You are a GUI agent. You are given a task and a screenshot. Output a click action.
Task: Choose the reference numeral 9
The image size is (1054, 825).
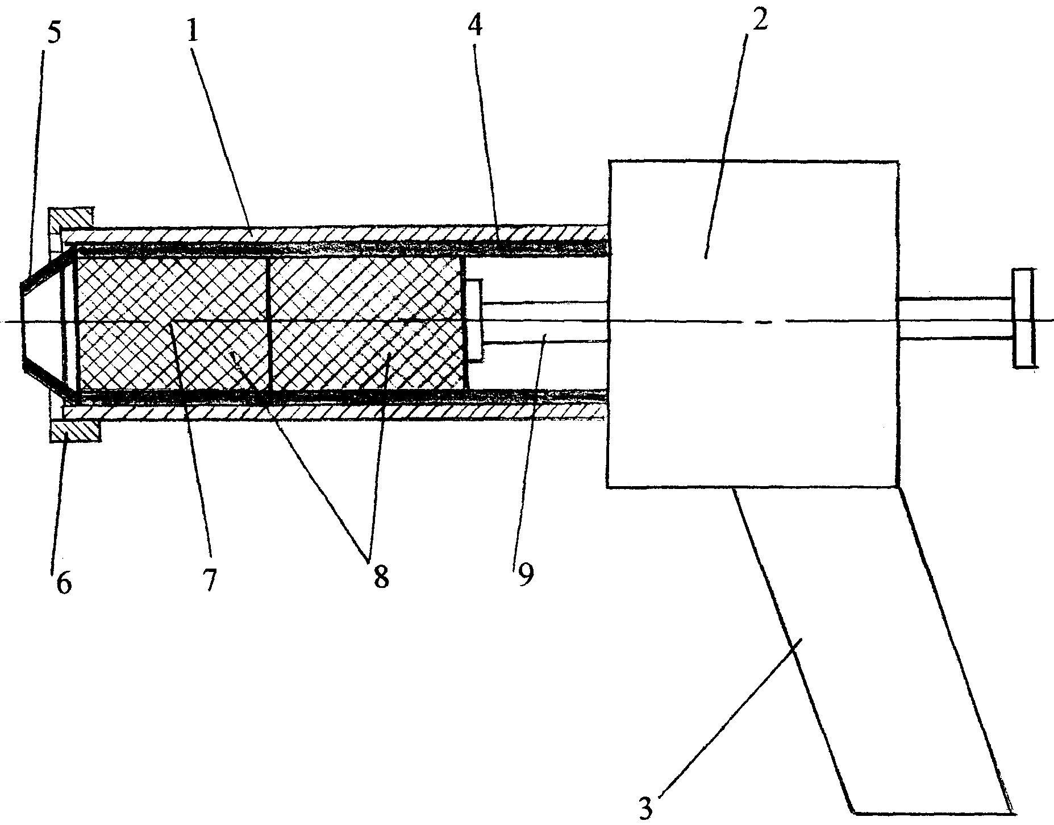point(524,574)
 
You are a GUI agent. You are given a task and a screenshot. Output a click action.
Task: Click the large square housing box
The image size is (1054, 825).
point(753,324)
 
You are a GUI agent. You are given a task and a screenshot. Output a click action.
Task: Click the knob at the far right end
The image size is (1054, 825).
point(1023,319)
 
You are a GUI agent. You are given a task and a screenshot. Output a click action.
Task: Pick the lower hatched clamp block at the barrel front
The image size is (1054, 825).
point(75,430)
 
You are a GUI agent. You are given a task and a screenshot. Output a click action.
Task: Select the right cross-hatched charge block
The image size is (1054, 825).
point(367,322)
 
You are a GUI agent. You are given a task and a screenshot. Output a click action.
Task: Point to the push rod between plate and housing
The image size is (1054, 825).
point(545,322)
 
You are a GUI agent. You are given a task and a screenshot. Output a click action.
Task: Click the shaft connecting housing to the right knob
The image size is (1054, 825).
point(956,319)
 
